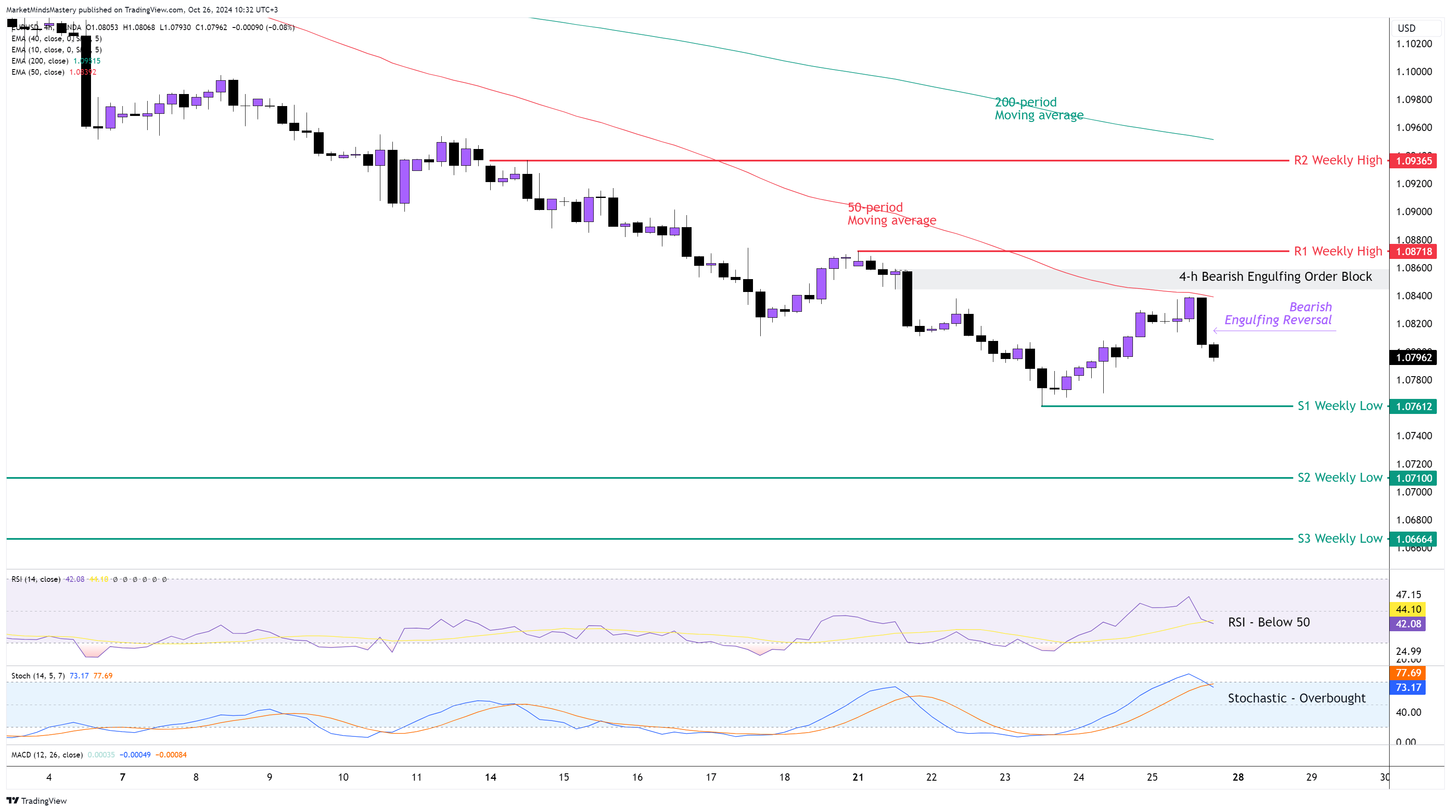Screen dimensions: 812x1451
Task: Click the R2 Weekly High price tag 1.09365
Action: (1413, 161)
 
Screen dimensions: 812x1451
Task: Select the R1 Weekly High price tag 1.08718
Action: (1413, 251)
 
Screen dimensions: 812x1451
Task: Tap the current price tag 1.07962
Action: (1413, 357)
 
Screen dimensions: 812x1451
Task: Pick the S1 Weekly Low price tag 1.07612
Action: (1413, 406)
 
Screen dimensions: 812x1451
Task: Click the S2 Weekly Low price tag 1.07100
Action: (1413, 478)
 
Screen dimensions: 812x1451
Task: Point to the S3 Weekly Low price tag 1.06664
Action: (1413, 539)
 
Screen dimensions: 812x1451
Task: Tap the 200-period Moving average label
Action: (1038, 109)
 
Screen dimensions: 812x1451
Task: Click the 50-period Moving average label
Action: (891, 213)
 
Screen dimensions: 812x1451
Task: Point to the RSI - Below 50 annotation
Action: (1269, 622)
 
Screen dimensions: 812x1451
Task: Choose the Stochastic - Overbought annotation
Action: (1296, 698)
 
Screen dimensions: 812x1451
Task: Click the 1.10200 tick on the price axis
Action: (1413, 44)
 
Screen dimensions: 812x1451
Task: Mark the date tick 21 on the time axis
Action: (857, 777)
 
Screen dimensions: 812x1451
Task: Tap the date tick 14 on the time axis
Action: (490, 777)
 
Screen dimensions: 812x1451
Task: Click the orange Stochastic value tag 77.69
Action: (1408, 673)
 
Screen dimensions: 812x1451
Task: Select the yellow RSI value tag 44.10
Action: (1408, 609)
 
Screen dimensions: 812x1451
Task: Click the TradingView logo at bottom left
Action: (36, 801)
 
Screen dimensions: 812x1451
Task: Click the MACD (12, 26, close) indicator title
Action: (47, 754)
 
